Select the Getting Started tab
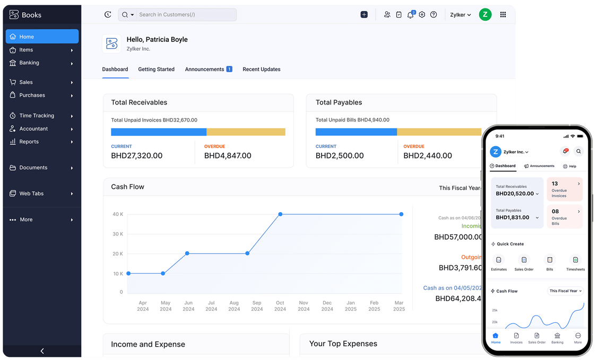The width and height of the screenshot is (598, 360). click(x=156, y=69)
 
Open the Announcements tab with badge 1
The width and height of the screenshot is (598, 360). click(x=208, y=69)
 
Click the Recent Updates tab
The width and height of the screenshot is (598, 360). click(x=261, y=69)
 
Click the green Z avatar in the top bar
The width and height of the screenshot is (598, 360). click(x=485, y=15)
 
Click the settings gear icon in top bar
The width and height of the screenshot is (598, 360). click(x=422, y=15)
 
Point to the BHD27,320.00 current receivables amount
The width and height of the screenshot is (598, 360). click(x=136, y=156)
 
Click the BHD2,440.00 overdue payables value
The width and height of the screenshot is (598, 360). click(x=428, y=156)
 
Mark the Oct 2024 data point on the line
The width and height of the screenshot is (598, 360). click(x=280, y=214)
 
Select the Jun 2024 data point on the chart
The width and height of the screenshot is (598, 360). click(x=187, y=253)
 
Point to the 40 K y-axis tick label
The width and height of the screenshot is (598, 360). click(x=117, y=214)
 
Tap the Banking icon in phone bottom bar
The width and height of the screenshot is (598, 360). click(x=557, y=338)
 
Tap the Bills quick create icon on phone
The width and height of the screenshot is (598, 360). click(x=550, y=260)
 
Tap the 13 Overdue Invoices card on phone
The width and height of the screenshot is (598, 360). click(x=565, y=189)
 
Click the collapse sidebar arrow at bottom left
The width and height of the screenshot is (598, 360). click(x=42, y=351)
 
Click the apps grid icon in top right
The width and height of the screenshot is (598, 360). click(x=503, y=15)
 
